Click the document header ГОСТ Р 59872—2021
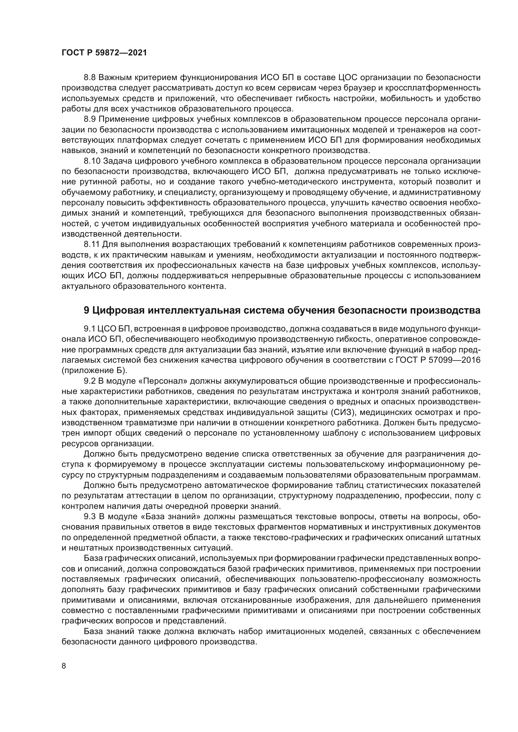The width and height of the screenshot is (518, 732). (104, 53)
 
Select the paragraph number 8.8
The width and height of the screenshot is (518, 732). (90, 78)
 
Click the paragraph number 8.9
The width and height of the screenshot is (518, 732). (90, 119)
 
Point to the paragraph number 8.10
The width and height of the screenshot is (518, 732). (92, 161)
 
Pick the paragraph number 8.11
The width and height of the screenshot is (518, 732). (92, 244)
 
